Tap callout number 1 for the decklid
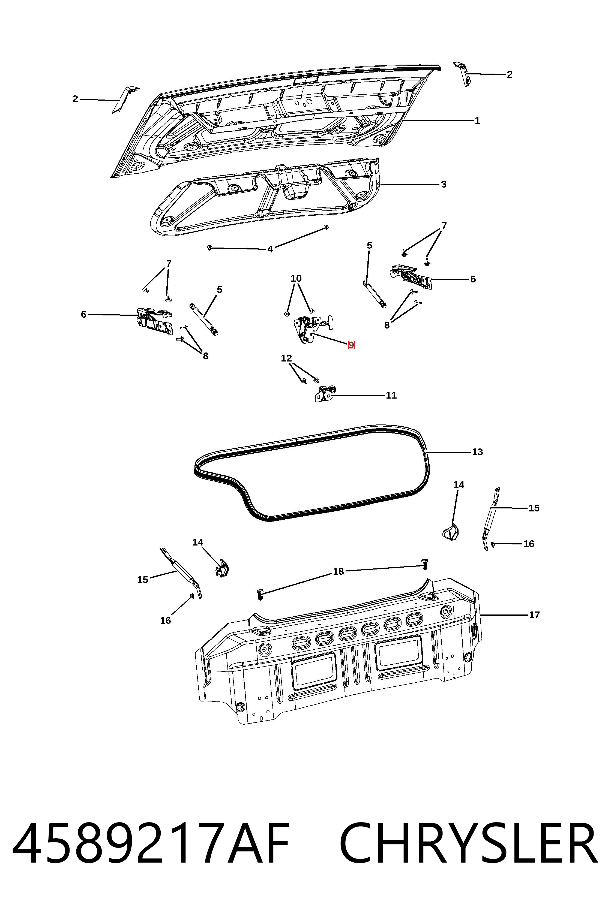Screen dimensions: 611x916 pos(477,121)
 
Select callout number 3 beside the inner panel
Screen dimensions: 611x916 pos(444,184)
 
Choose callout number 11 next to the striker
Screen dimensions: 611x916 pos(391,395)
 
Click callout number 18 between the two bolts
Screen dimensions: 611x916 pos(338,571)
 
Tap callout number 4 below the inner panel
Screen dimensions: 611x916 pos(270,249)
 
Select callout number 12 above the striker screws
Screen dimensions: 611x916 pos(286,358)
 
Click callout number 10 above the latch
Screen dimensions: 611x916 pos(296,278)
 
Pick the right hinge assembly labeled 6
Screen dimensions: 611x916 pos(411,277)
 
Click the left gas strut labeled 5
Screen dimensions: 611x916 pos(204,319)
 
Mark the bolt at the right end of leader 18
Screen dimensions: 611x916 pos(425,564)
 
